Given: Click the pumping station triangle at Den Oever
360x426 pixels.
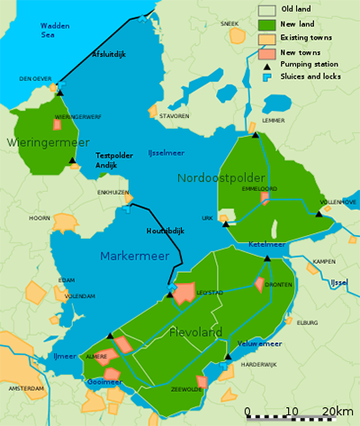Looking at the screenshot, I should click(60, 91).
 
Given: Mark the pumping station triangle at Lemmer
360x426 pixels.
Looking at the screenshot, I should click(256, 134).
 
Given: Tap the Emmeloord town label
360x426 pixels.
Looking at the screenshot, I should click(259, 188).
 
